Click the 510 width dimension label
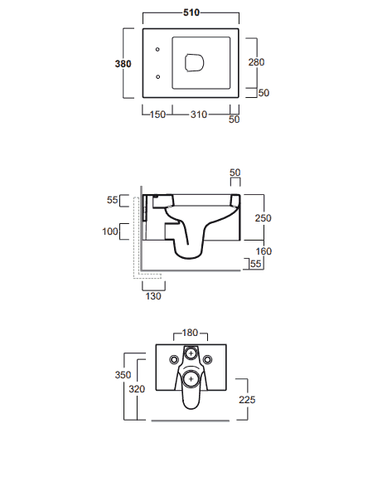[x=191, y=12]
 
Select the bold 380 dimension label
[x=123, y=64]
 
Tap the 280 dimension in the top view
[x=256, y=62]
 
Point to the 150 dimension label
[x=157, y=114]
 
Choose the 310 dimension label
[x=199, y=114]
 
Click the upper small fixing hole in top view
[x=157, y=49]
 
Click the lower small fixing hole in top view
[x=158, y=77]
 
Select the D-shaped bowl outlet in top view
[x=195, y=63]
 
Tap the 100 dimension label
[x=110, y=231]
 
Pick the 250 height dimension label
[x=263, y=218]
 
